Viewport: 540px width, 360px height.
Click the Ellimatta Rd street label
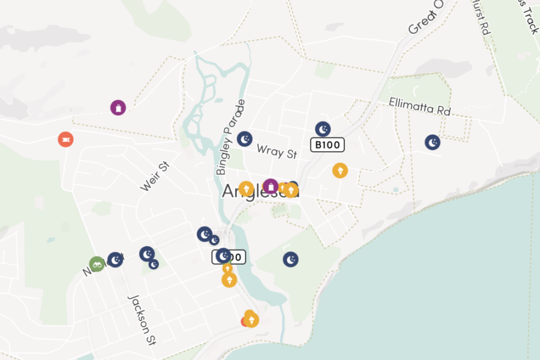(419, 106)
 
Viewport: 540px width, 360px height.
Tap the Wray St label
(277, 151)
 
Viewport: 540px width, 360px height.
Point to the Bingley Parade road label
(231, 137)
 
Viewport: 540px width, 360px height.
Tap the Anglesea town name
(260, 191)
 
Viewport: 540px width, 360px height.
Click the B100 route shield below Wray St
(328, 145)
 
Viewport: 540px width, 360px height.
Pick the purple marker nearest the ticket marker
(118, 107)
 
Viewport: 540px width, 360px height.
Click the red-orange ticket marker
(66, 139)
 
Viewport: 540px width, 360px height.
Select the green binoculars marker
(97, 263)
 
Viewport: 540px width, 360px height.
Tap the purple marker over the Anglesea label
(271, 186)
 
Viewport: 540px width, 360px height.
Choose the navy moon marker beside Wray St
(244, 139)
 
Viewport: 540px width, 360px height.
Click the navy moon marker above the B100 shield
(323, 129)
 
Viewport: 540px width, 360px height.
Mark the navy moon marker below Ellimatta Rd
(433, 142)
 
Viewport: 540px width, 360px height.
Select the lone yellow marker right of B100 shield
(340, 170)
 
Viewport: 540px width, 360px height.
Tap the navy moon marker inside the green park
(291, 259)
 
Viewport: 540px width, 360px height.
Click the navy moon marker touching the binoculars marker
(115, 260)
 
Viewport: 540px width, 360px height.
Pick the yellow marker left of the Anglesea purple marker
(246, 189)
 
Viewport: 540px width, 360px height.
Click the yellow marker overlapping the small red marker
(251, 319)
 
